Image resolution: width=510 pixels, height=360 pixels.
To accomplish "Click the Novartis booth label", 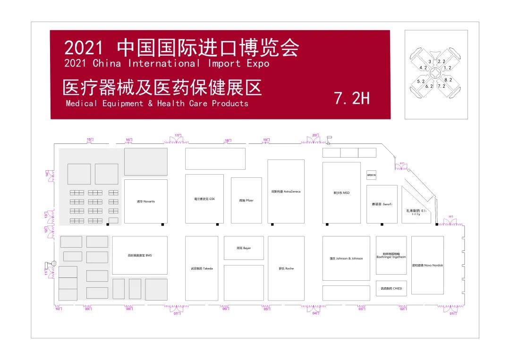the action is click(x=146, y=201).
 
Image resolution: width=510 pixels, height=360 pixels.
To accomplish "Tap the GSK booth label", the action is click(x=204, y=199).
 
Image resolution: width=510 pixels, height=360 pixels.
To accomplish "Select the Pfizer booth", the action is click(x=246, y=200).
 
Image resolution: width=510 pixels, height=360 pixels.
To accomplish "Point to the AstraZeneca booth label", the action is click(x=286, y=192).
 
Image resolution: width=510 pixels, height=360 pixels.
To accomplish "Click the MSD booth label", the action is click(x=341, y=193).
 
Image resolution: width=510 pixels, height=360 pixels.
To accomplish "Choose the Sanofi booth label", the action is click(x=382, y=204).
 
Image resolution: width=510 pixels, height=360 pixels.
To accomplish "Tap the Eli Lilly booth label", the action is click(x=416, y=212).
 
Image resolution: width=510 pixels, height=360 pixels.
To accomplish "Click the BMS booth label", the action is click(x=140, y=255).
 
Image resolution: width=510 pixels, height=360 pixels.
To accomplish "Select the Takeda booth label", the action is click(x=202, y=268).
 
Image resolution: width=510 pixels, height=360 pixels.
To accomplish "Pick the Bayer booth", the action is click(x=244, y=248).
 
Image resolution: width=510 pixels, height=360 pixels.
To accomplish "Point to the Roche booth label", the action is click(x=286, y=268).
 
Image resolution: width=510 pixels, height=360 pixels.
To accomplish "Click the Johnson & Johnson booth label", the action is click(x=346, y=259).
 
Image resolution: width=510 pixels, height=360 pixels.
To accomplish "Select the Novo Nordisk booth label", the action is click(x=427, y=265).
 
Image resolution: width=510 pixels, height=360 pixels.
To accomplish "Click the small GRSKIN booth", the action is click(x=371, y=175).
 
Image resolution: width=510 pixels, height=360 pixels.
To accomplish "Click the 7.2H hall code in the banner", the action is click(x=352, y=98).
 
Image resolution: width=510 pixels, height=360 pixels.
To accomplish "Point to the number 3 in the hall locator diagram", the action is click(x=430, y=62).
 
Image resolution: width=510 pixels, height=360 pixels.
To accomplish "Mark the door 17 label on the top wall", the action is click(x=178, y=136).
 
